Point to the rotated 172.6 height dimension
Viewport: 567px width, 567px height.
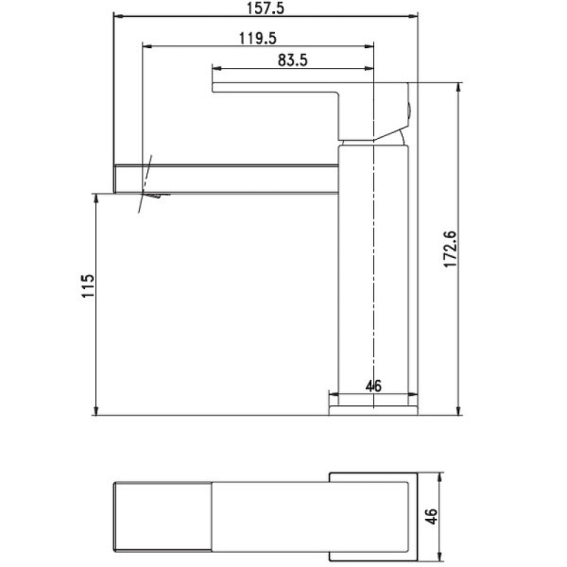pos(450,249)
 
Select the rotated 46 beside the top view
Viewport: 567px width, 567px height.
pos(433,516)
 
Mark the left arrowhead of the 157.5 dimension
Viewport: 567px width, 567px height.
pos(118,16)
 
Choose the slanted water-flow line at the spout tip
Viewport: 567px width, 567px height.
pos(145,184)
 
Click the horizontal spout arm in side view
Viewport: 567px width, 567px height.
pos(227,177)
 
